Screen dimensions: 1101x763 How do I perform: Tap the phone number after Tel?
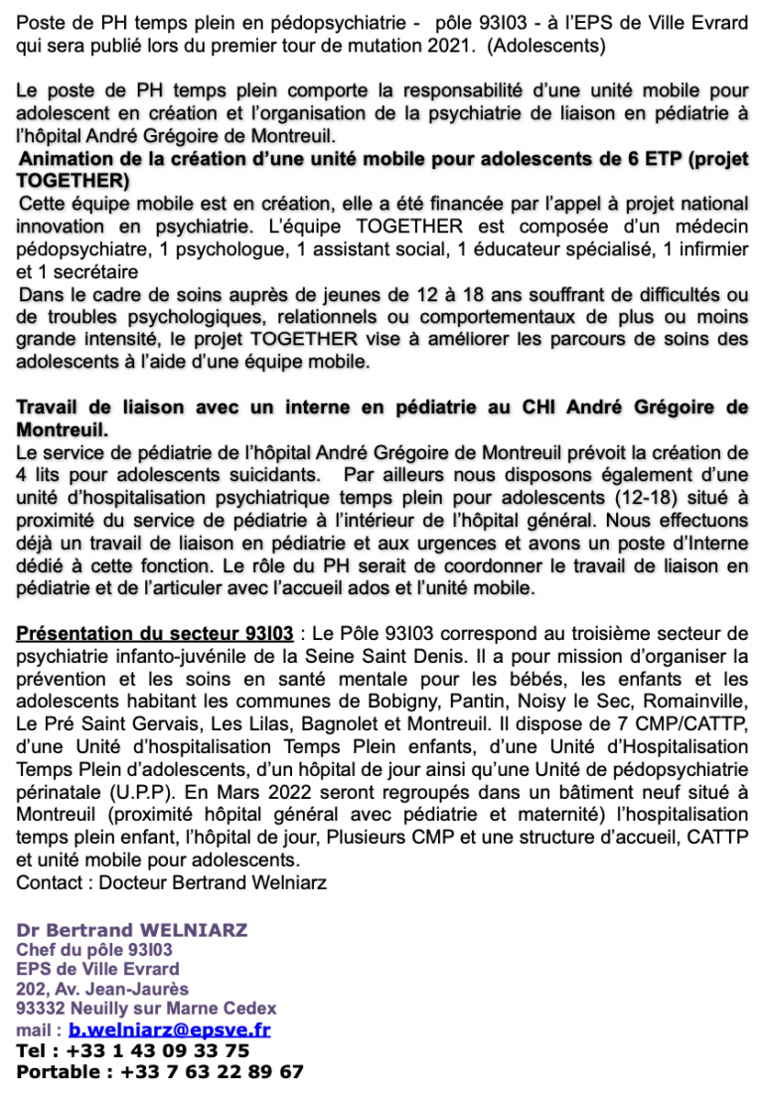click(x=158, y=1051)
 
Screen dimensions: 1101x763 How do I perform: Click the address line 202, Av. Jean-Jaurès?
click(x=102, y=989)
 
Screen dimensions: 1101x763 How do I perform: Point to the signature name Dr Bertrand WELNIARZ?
click(x=131, y=930)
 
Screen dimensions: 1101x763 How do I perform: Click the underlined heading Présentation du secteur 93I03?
click(x=155, y=633)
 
